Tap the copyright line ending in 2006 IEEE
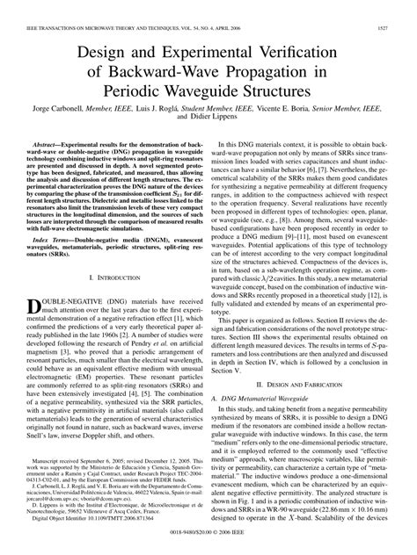point(208,545)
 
